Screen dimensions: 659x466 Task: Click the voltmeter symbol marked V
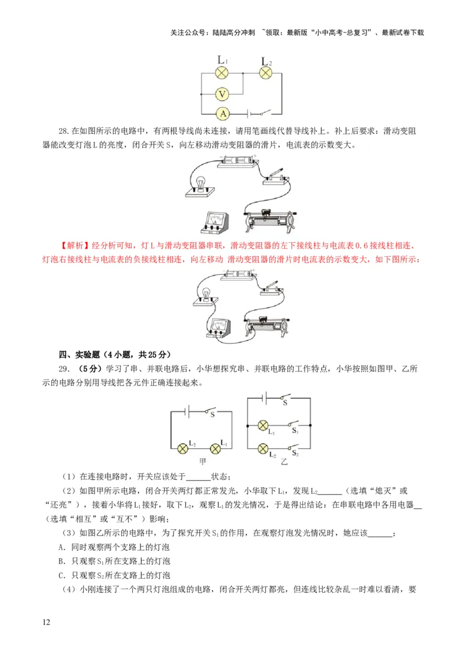pos(221,94)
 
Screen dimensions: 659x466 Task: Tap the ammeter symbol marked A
pos(221,114)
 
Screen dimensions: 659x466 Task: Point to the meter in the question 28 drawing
pos(215,221)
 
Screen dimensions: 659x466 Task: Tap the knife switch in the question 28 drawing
pos(274,176)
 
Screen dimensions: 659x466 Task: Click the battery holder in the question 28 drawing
pos(236,162)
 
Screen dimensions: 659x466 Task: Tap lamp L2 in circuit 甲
pos(183,447)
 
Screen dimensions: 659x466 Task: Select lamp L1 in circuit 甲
pos(216,447)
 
